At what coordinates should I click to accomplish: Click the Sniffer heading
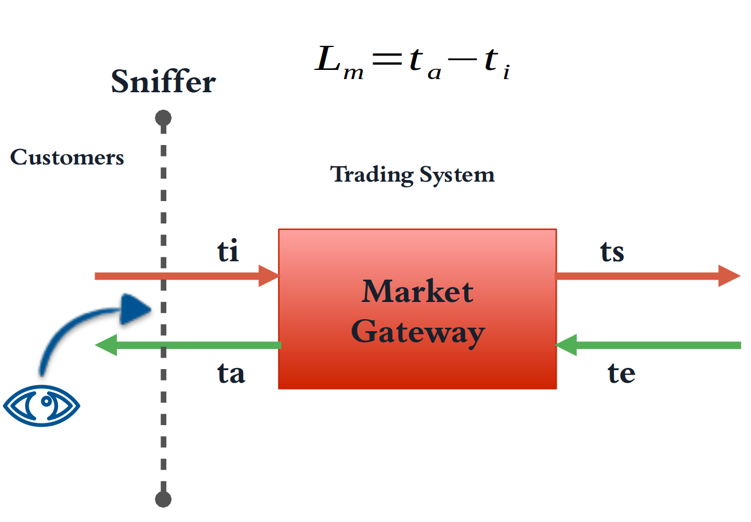(163, 82)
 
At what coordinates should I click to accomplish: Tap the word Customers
(67, 158)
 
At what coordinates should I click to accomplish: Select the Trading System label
(413, 174)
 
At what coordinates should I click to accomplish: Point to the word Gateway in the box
(418, 332)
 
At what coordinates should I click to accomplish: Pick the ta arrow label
(231, 373)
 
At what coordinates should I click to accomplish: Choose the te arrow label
(621, 373)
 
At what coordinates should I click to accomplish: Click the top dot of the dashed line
(163, 118)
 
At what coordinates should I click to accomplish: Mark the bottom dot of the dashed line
(163, 499)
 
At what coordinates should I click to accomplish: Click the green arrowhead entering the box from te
(566, 345)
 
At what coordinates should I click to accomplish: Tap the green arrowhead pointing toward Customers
(105, 345)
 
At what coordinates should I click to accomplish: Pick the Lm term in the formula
(339, 62)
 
